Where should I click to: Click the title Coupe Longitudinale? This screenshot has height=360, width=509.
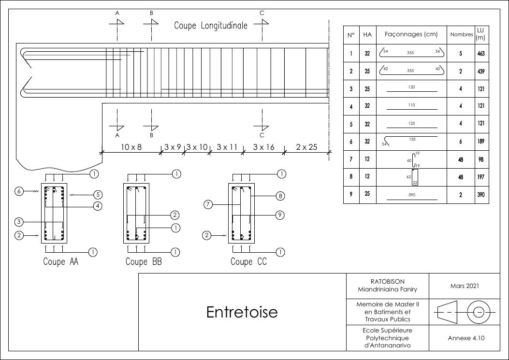click(x=211, y=26)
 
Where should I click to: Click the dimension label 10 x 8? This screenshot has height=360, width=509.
click(x=131, y=147)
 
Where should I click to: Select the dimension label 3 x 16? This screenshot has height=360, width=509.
click(x=263, y=147)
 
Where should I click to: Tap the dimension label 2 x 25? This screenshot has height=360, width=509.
click(x=306, y=147)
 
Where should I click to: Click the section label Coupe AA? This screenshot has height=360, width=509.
click(x=60, y=262)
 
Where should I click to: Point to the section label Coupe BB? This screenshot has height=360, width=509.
click(x=144, y=262)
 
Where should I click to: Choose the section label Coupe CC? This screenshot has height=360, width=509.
click(x=248, y=262)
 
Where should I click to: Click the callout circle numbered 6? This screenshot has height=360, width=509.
click(x=19, y=191)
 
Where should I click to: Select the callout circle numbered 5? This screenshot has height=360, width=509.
click(x=98, y=195)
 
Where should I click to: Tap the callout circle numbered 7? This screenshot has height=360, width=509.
click(x=208, y=204)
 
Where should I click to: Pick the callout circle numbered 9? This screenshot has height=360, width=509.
click(x=280, y=215)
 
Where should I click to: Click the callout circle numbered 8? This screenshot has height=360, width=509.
click(x=280, y=196)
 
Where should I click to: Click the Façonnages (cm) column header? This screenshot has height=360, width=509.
click(x=411, y=34)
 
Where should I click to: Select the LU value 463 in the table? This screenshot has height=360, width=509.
click(x=480, y=54)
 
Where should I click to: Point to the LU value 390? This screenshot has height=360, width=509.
click(x=480, y=195)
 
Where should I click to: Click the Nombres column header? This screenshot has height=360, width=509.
click(x=461, y=35)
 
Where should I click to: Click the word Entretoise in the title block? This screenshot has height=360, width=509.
click(x=242, y=312)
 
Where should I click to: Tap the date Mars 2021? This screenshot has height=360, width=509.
click(x=465, y=286)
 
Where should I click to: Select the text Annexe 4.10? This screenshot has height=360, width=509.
click(x=466, y=338)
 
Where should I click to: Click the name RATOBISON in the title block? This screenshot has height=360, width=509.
click(x=387, y=281)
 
